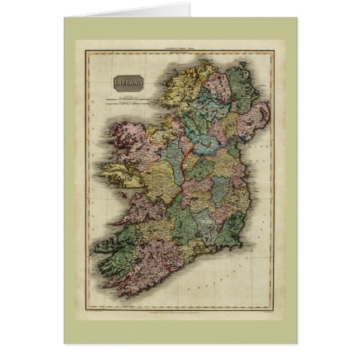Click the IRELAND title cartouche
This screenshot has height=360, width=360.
click(129, 84)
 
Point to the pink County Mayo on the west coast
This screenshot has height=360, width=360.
click(126, 140)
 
